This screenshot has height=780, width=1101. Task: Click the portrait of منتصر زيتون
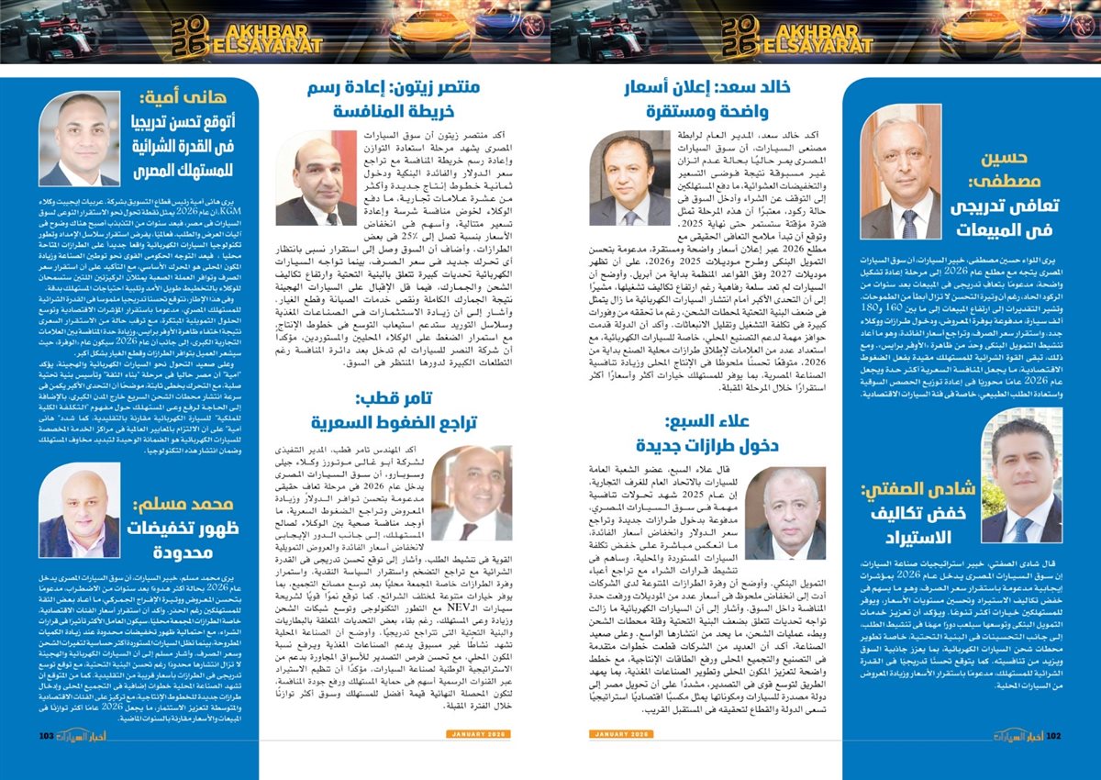(x=317, y=178)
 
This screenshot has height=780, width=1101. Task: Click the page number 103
(x=47, y=735)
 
